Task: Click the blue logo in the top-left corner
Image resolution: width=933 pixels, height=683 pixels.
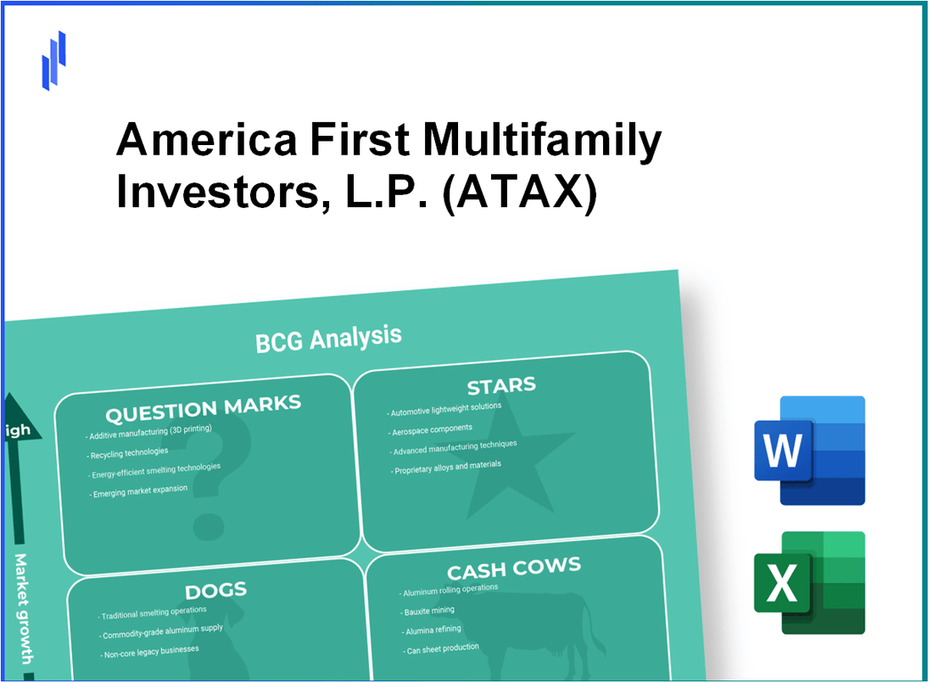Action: coord(53,60)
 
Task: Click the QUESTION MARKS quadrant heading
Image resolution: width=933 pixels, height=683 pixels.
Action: coord(203,410)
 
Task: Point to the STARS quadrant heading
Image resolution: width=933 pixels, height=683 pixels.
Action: coord(501,387)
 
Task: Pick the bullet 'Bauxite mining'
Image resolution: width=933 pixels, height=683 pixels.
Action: coord(428,611)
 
